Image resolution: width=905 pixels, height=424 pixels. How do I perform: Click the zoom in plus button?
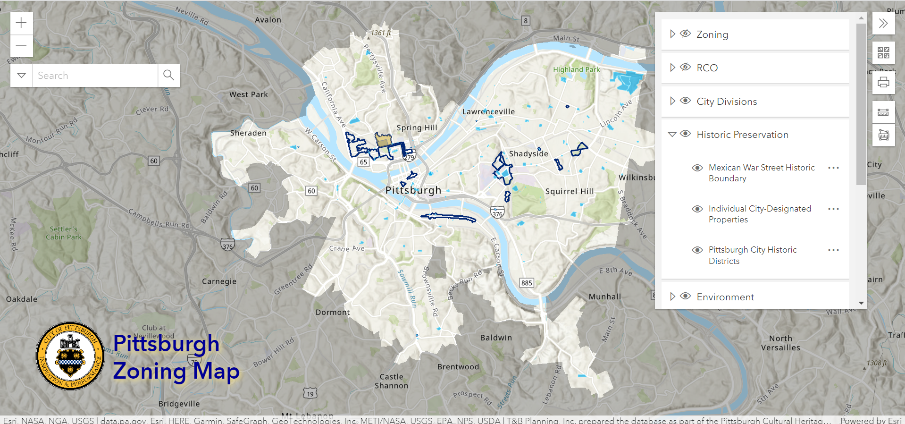tap(21, 23)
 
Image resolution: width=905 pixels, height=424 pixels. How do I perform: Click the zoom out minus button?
tap(21, 46)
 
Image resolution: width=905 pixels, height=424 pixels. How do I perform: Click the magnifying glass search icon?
tap(168, 75)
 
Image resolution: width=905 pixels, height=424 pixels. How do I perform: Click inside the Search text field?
tap(94, 76)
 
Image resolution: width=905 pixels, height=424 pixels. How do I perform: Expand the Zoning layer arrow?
tap(672, 34)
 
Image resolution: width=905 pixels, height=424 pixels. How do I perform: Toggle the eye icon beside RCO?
tap(685, 68)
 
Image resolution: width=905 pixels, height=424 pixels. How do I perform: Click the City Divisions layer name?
tap(727, 102)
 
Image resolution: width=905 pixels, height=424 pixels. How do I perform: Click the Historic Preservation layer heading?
tap(742, 135)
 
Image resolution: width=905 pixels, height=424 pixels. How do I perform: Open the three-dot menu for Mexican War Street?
tap(833, 168)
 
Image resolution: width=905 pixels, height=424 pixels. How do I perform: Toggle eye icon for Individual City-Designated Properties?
tap(697, 209)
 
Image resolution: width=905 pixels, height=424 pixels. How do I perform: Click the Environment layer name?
tap(725, 297)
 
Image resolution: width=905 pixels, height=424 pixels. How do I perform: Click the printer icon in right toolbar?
tap(883, 83)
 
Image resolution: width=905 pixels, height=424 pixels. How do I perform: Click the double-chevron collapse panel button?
tap(883, 23)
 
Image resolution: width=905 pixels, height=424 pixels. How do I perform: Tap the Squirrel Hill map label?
tap(569, 191)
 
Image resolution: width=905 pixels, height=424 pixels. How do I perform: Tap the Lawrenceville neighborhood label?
tap(488, 112)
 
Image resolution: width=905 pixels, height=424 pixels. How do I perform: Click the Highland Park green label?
tap(576, 69)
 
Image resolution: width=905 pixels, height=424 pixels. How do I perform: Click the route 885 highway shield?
tap(527, 283)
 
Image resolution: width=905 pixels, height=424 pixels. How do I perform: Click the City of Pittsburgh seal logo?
tap(70, 356)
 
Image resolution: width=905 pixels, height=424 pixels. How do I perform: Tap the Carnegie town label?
tap(219, 281)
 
